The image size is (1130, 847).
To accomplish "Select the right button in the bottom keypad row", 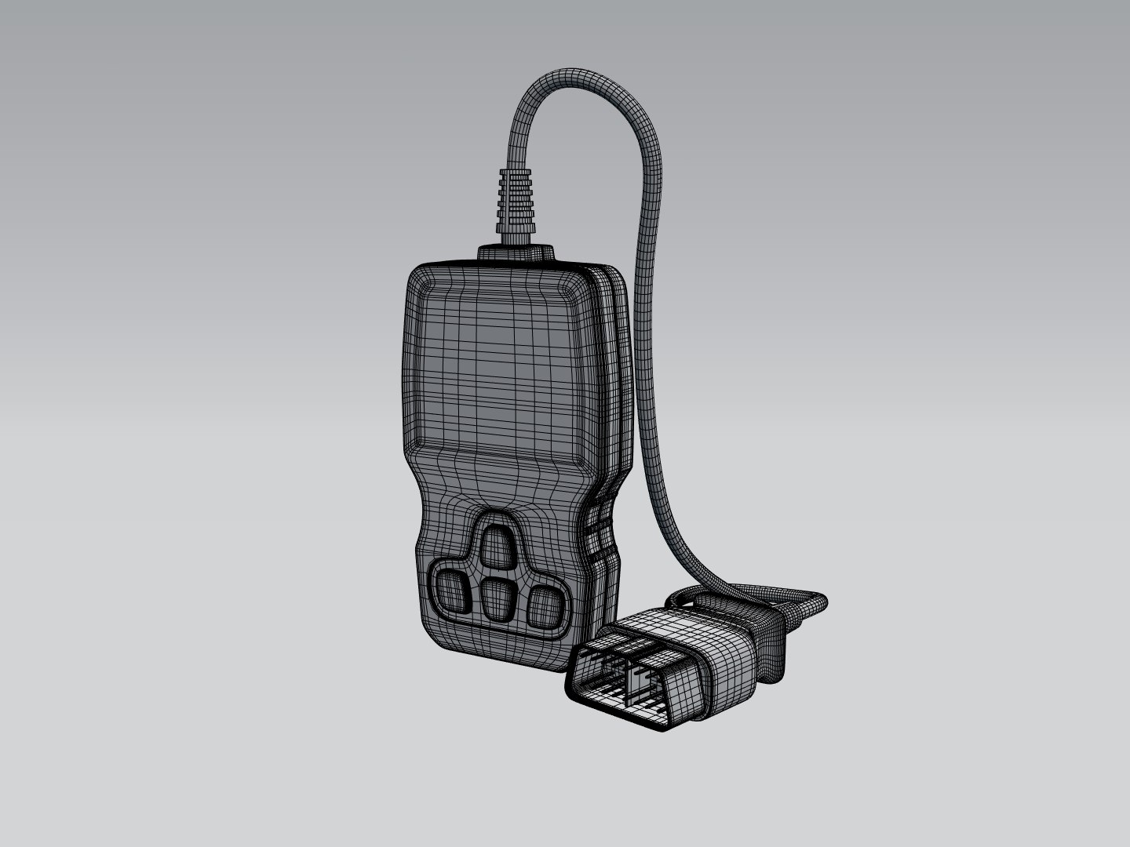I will tap(544, 605).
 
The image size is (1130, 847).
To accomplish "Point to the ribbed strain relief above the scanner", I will tap(514, 199).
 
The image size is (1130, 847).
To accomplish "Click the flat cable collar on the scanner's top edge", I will tap(516, 253).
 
